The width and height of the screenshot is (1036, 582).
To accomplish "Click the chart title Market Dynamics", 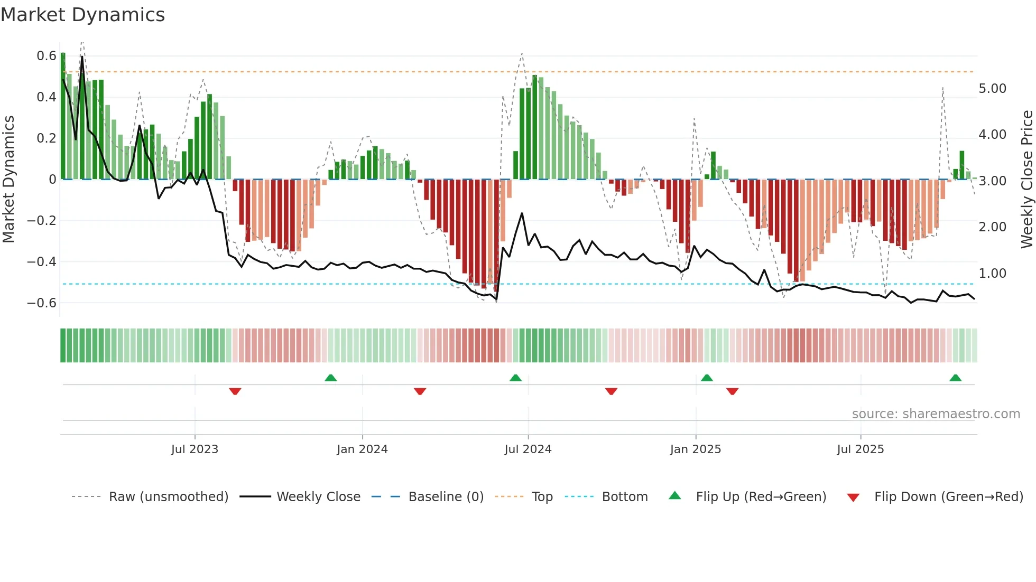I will (x=83, y=15).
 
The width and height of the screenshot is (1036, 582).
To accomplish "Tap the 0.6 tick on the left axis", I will (x=47, y=56).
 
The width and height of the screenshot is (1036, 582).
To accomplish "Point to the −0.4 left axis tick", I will (x=42, y=262).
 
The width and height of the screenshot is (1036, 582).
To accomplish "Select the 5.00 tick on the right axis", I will (x=992, y=89).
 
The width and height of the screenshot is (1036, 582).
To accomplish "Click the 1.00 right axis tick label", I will (x=992, y=274).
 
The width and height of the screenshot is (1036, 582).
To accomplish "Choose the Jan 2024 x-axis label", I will (x=362, y=449).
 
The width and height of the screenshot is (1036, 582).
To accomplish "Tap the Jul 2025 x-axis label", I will (x=860, y=449).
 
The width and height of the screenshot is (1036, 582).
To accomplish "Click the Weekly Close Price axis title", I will (x=1026, y=180).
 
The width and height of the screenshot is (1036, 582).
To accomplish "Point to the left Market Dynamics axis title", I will (x=8, y=180).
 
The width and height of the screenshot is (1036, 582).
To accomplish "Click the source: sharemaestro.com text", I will (x=936, y=414).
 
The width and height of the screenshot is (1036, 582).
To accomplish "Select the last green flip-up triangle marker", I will (x=955, y=378).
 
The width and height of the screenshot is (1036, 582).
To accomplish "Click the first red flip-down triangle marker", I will (x=235, y=391).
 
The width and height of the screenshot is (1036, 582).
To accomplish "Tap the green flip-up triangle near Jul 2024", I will (x=515, y=378).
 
